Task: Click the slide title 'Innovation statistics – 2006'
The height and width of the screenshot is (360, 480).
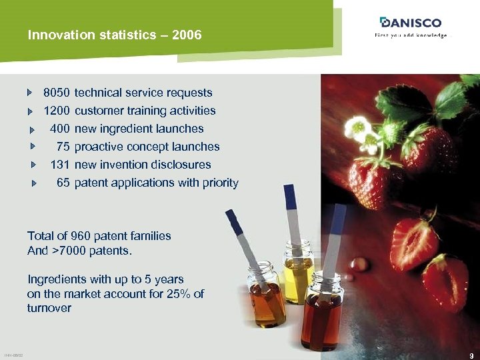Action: [115, 35]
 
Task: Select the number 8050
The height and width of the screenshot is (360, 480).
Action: [57, 93]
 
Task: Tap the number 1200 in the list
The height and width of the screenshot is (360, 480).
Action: [57, 111]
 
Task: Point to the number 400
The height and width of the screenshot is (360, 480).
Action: [60, 129]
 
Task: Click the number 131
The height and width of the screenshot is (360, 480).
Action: [60, 165]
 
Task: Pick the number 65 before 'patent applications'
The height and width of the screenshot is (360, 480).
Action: [63, 183]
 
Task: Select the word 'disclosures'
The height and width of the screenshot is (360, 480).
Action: [181, 165]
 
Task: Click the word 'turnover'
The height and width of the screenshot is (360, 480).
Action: [49, 309]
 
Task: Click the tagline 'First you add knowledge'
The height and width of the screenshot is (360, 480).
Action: [411, 35]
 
